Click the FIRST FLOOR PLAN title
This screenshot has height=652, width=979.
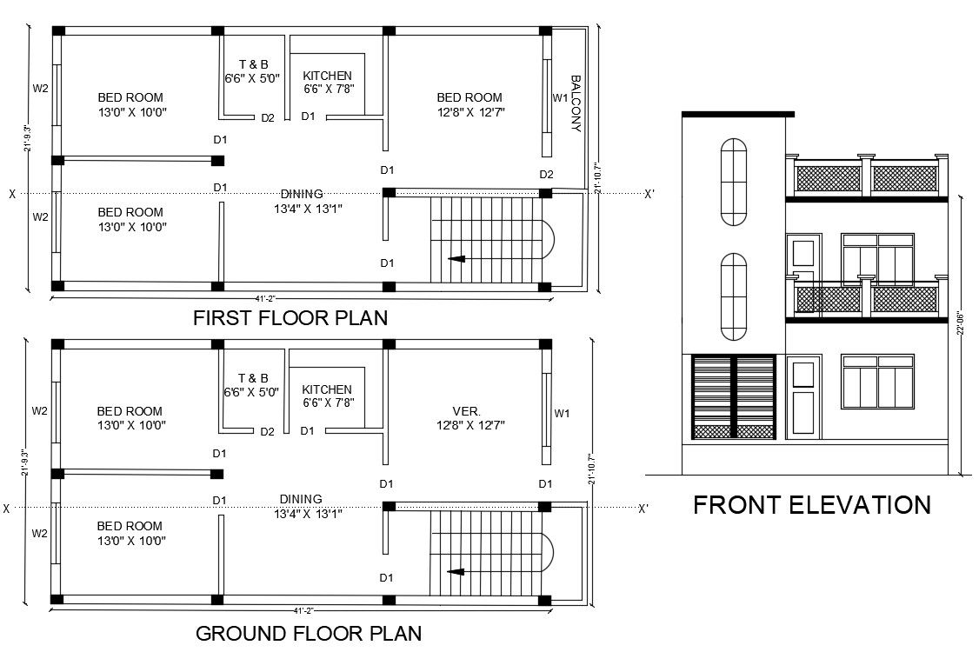(290, 318)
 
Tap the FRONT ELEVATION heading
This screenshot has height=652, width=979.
(811, 505)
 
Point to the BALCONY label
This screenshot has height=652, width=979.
(575, 103)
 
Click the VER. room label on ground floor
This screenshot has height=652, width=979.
(466, 411)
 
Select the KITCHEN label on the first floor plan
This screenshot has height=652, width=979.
(328, 76)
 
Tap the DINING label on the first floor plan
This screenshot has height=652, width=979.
(302, 194)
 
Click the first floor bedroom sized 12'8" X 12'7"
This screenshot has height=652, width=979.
(470, 104)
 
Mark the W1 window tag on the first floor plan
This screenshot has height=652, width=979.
(560, 98)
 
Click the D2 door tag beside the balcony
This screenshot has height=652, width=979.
(546, 175)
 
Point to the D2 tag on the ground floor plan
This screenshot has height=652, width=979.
(268, 431)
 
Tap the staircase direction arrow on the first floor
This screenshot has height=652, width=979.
(456, 258)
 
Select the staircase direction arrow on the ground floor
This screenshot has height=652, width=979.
(456, 571)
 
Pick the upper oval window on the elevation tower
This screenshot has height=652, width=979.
(734, 182)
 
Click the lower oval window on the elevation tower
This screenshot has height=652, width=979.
(734, 297)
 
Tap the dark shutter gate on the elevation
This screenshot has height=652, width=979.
(733, 396)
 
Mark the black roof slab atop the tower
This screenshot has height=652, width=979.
(737, 114)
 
